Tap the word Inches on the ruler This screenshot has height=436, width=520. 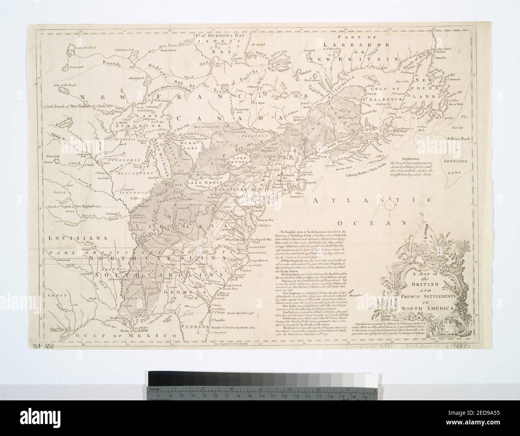154,389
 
